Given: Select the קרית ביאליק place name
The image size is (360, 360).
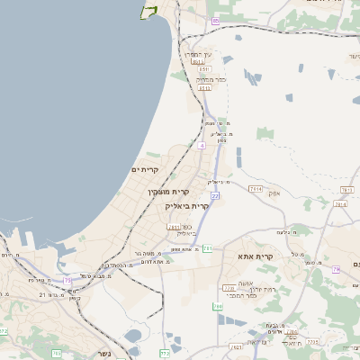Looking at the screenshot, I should pyautogui.click(x=187, y=205).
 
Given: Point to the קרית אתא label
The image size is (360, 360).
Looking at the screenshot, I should pyautogui.click(x=255, y=256).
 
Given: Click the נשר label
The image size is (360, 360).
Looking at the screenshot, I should pyautogui.click(x=103, y=352).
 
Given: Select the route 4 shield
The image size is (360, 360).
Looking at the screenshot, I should pyautogui.click(x=202, y=144).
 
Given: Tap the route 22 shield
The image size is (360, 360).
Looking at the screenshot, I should pyautogui.click(x=215, y=194).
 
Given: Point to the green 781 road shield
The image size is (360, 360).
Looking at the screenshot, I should pyautogui.click(x=208, y=247).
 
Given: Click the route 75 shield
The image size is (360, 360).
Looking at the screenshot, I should pyautogui.click(x=68, y=280).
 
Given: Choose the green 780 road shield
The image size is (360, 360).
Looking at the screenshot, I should pyautogui.click(x=217, y=307).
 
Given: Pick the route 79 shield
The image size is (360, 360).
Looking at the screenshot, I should pyautogui.click(x=335, y=269).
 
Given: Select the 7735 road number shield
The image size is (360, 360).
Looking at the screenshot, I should pyautogui.click(x=314, y=342).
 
